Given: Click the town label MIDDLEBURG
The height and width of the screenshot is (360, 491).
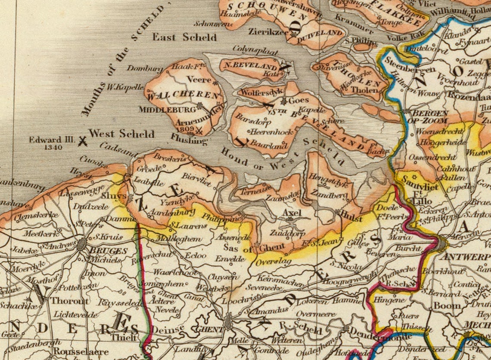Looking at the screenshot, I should point(167,110).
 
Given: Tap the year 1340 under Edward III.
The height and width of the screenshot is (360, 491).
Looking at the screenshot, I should point(53,147).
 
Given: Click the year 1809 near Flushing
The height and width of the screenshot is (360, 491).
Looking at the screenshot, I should point(185,129).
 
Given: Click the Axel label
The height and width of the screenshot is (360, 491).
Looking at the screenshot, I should point(292,213).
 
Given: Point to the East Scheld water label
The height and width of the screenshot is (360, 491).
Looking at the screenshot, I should point(184,37).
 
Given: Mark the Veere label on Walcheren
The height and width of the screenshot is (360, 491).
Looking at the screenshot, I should point(199,80).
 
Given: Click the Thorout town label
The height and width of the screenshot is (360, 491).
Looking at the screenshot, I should point(70,301).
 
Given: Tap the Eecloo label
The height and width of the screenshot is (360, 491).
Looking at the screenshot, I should point(196,255).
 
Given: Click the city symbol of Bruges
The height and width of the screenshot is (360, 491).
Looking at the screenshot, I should point(81,245).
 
